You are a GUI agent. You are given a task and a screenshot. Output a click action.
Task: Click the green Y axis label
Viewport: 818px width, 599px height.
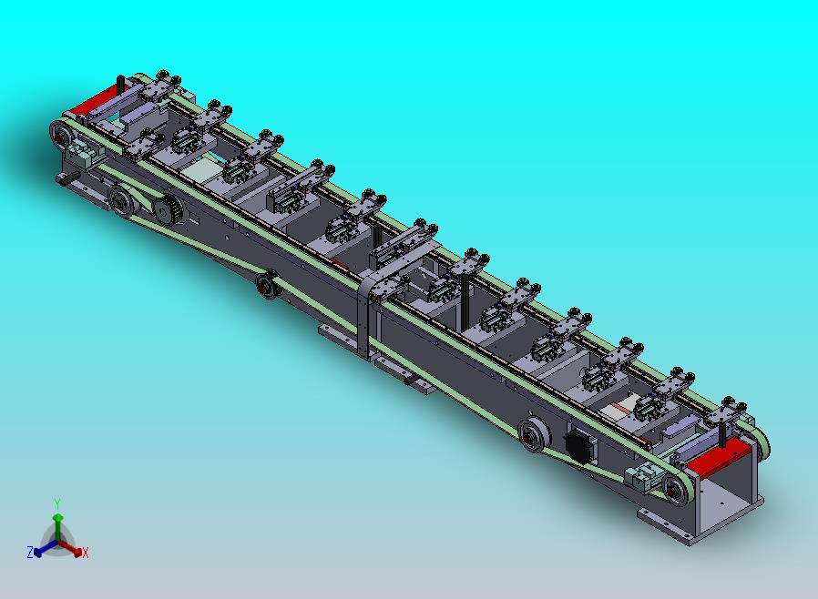click(x=57, y=503)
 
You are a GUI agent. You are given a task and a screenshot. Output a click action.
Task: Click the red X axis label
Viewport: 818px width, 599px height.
click(x=85, y=553)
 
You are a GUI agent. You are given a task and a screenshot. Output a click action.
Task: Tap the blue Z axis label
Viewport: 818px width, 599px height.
click(x=30, y=552)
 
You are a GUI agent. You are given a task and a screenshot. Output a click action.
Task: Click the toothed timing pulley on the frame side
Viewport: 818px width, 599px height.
click(x=167, y=211)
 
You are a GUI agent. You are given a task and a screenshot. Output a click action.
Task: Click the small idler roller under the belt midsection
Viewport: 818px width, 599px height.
click(x=267, y=285)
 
